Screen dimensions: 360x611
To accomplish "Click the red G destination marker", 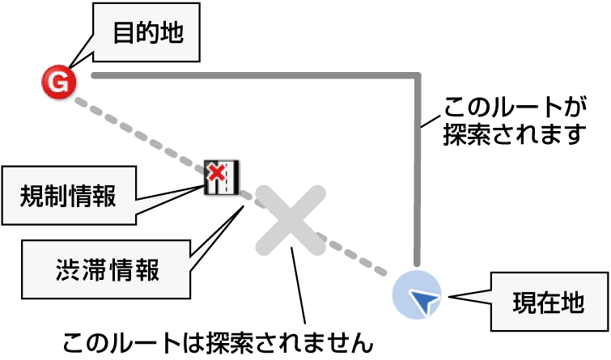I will pyautogui.click(x=59, y=81).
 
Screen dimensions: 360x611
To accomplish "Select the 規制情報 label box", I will pyautogui.click(x=68, y=196).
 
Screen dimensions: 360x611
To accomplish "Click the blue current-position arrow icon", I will pyautogui.click(x=418, y=298).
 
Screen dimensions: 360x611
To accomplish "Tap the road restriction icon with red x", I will pyautogui.click(x=221, y=177).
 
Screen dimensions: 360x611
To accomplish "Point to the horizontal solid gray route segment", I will pyautogui.click(x=251, y=75).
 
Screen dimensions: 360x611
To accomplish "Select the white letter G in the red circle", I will pyautogui.click(x=58, y=81).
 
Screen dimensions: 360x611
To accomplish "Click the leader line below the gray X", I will pyautogui.click(x=299, y=283).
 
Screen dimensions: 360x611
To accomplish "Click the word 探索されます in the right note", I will pyautogui.click(x=515, y=133).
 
